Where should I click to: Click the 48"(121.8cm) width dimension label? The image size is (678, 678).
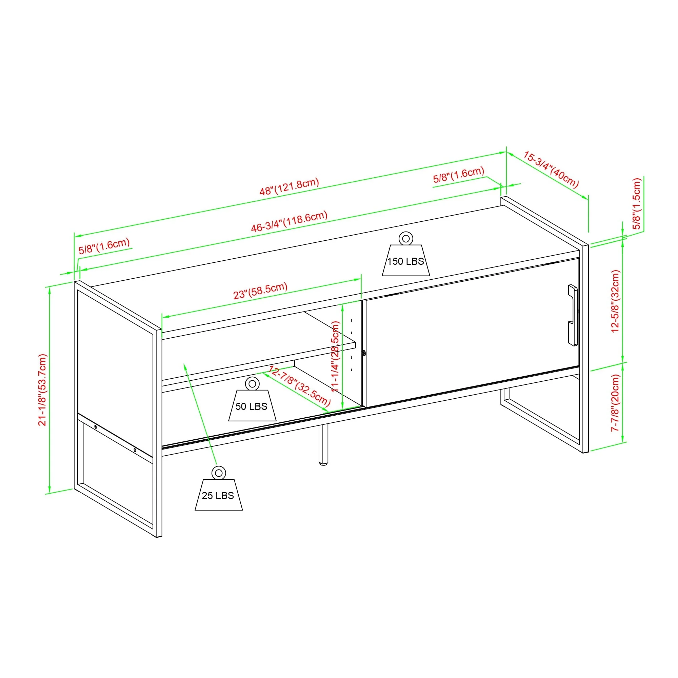[x=289, y=186]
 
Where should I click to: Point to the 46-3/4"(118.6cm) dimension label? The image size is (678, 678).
[x=289, y=221]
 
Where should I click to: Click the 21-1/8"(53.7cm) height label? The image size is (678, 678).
[x=42, y=390]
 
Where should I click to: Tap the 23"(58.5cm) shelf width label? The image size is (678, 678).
[x=260, y=291]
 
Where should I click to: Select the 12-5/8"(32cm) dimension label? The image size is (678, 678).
[x=615, y=301]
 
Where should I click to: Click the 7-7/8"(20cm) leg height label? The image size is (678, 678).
[x=615, y=402]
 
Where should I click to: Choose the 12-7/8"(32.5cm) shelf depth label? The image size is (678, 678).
[x=299, y=385]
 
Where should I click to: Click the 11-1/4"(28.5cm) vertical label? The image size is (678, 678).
[x=336, y=356]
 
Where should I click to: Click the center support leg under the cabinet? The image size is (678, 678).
[x=323, y=445]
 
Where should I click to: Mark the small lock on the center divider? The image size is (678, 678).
[x=364, y=353]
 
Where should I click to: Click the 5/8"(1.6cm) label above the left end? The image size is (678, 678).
[x=104, y=245]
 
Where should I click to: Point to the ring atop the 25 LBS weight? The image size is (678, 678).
[x=219, y=473]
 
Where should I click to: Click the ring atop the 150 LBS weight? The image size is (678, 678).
[x=406, y=239]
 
